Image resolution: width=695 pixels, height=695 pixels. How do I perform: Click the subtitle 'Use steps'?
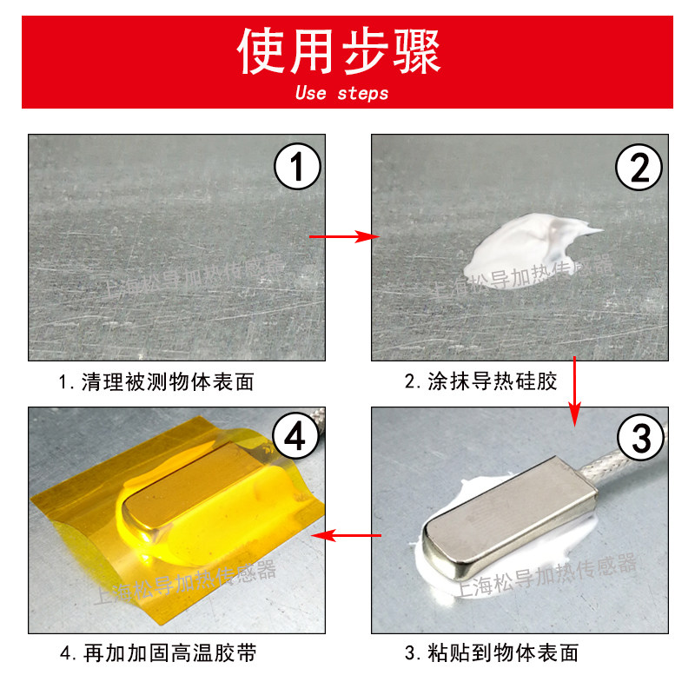[x=341, y=93]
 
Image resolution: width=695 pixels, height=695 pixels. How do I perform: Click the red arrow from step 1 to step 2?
[x=346, y=236]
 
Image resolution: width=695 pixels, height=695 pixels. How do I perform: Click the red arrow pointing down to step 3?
[x=574, y=391]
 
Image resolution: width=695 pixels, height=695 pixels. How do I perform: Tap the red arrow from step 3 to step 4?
[x=346, y=535]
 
